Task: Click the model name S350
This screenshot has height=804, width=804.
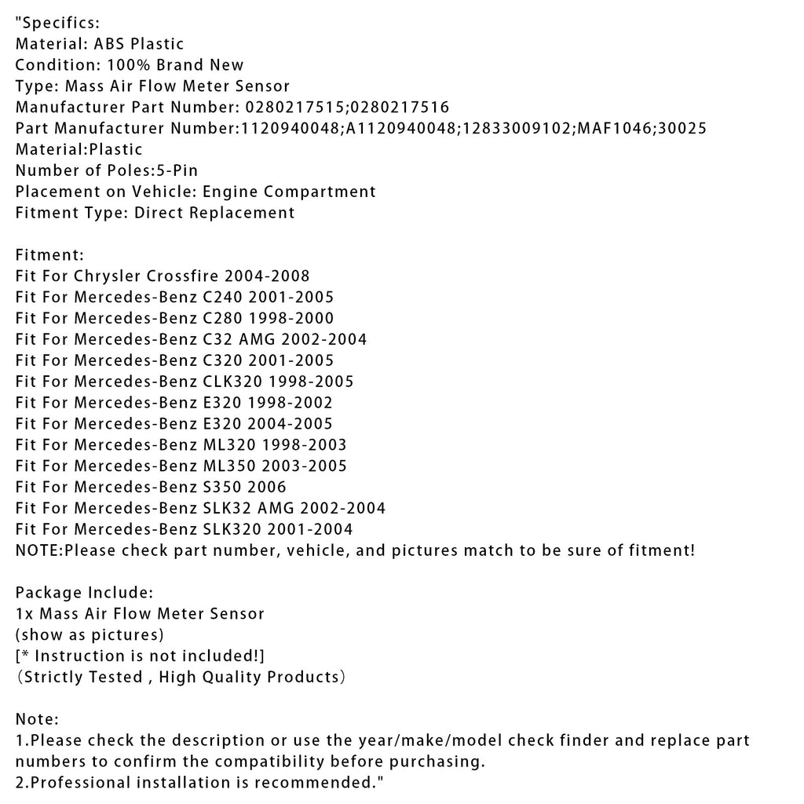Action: pos(225,488)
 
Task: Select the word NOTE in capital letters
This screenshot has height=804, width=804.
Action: pos(37,551)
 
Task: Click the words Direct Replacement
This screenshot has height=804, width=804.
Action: pos(215,213)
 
